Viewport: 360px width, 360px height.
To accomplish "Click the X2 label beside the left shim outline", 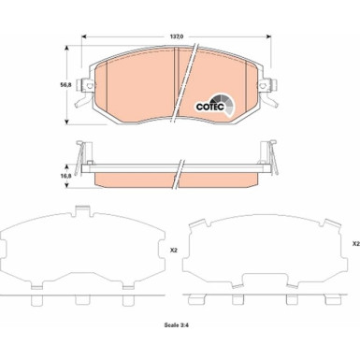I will [174, 251].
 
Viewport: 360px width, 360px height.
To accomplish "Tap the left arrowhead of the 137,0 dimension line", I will [87, 38].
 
